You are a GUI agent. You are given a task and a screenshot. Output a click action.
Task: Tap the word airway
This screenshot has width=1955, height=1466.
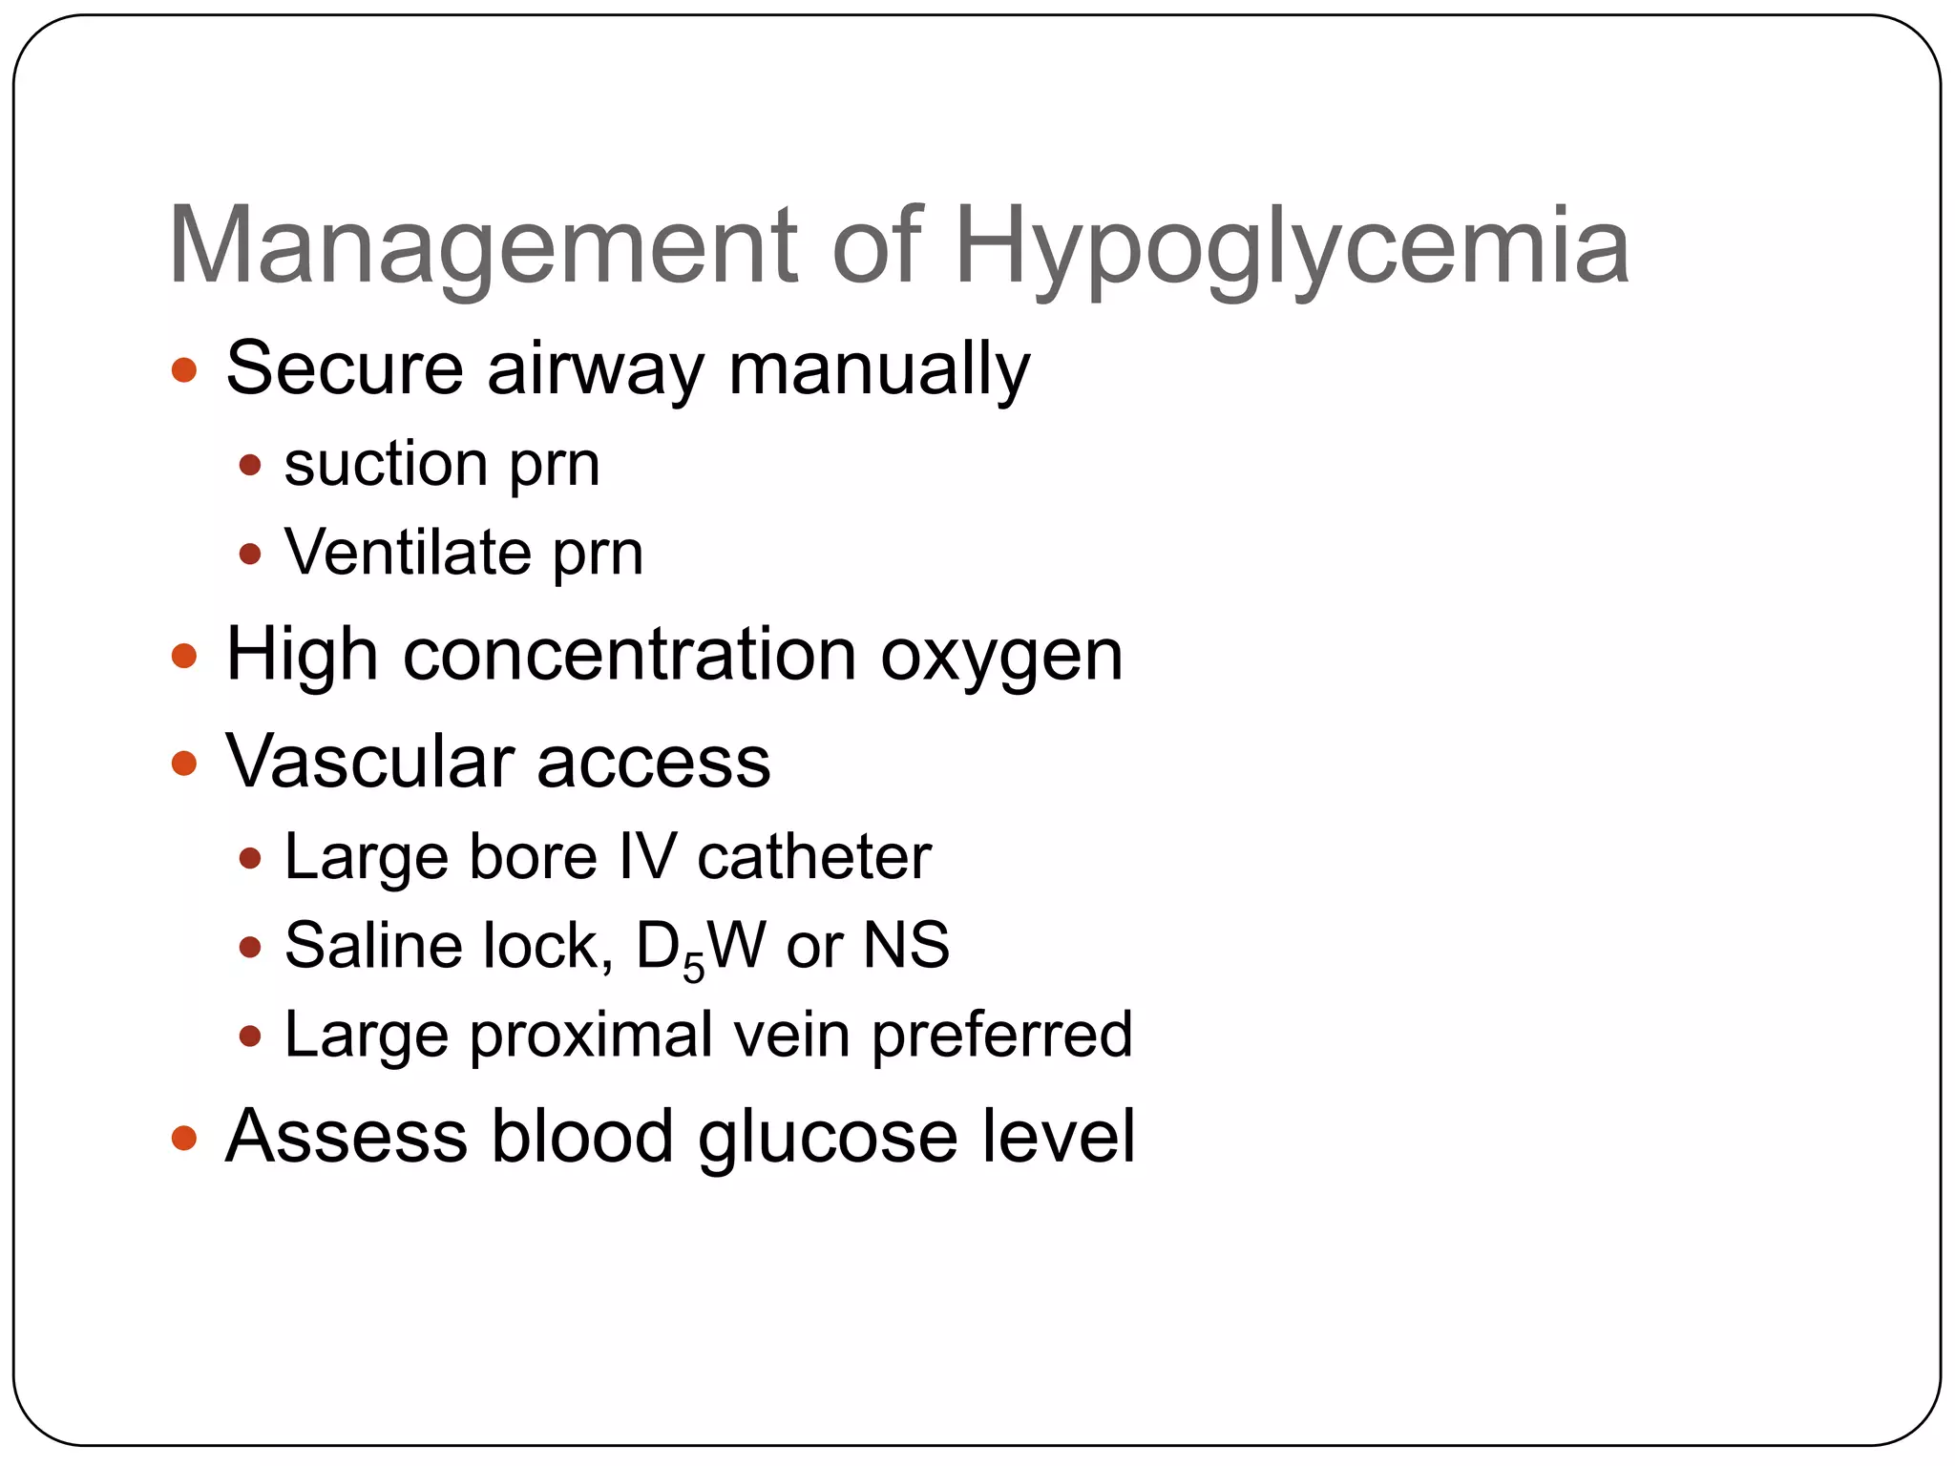click(596, 369)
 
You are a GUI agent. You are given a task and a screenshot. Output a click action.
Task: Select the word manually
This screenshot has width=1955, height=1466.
click(879, 369)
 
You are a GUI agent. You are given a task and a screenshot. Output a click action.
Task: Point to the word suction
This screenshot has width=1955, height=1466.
click(386, 465)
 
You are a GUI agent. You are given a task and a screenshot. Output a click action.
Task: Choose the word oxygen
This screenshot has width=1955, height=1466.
click(1001, 657)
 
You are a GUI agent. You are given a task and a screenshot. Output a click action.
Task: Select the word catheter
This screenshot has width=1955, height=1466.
click(814, 857)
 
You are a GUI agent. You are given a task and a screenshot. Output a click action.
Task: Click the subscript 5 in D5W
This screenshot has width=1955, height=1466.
click(694, 968)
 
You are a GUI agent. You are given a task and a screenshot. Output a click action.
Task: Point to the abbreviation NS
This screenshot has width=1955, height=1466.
click(906, 946)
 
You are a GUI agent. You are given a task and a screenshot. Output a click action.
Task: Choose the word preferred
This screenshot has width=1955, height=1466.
click(1002, 1036)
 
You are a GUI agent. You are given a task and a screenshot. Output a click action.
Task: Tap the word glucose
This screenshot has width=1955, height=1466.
click(828, 1138)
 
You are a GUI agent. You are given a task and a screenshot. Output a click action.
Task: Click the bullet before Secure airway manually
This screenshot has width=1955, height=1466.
click(184, 370)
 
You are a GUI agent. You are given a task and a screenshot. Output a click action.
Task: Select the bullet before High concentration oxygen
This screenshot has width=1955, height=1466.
click(184, 657)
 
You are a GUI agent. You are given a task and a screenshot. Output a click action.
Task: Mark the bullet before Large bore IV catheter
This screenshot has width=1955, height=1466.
click(250, 858)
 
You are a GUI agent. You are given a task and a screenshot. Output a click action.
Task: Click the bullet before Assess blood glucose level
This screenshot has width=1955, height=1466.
click(184, 1138)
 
